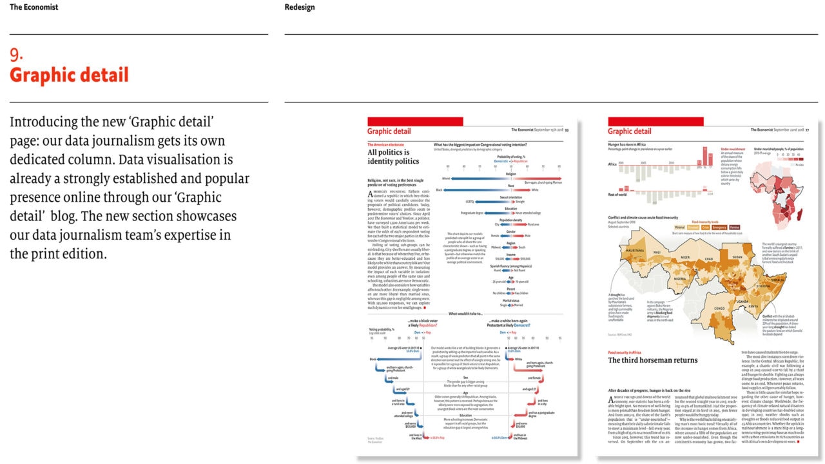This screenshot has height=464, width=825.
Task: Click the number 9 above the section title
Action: (16, 55)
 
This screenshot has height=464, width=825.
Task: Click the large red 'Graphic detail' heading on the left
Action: (69, 75)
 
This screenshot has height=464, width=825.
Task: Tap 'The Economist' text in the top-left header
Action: (34, 7)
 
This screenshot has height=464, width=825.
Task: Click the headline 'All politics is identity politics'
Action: (393, 157)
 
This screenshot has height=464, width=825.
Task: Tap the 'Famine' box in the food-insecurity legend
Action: (734, 227)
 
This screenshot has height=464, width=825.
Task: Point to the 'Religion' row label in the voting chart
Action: (510, 173)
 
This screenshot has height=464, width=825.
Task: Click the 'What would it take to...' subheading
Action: (465, 313)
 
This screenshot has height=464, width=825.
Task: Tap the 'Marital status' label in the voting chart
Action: (510, 300)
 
